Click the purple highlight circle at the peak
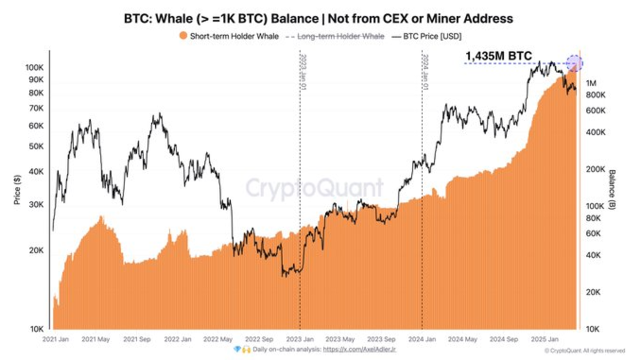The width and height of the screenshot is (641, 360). [574, 64]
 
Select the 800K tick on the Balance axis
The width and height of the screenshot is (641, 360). [595, 95]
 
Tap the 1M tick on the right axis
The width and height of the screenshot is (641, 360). [592, 83]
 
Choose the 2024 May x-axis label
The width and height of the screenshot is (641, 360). [463, 339]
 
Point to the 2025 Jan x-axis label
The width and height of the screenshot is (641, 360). [546, 339]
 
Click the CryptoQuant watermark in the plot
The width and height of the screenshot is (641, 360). [314, 188]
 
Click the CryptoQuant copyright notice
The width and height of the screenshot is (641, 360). [584, 351]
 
